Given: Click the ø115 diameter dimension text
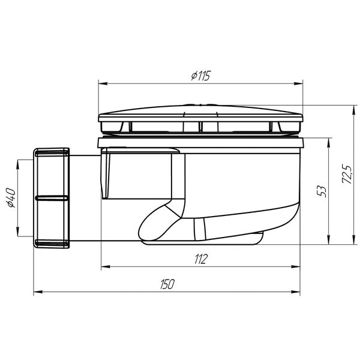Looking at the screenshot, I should pos(201,76).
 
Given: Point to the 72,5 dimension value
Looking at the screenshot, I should pos(346,175).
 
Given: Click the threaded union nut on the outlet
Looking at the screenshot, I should pos(52,197).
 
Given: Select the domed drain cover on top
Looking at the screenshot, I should pos(202,113).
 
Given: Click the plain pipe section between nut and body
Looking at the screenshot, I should pos(84,198).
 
